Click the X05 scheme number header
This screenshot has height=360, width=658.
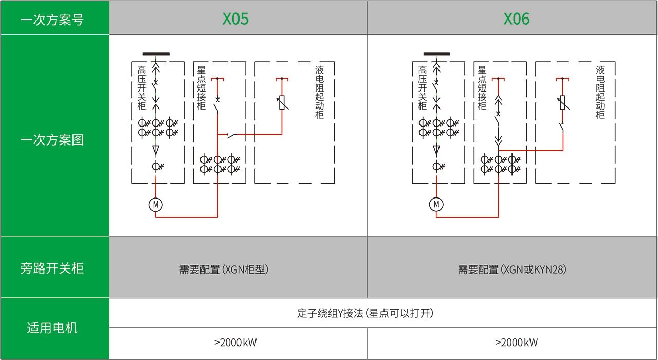point(235,19)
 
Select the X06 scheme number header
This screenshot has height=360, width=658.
point(516,19)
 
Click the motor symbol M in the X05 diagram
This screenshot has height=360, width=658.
point(155,205)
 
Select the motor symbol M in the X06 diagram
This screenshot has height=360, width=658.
point(436,205)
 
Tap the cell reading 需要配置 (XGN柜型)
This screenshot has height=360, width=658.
point(224,269)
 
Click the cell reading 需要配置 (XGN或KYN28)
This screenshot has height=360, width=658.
point(512,269)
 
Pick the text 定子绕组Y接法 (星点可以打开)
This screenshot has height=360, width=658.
point(365,313)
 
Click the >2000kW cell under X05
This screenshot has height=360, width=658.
point(235,343)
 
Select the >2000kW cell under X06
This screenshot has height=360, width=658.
point(516,343)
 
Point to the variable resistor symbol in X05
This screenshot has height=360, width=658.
point(282,102)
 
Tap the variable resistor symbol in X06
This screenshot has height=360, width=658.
point(562,102)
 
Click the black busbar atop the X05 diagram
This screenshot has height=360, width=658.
point(156,53)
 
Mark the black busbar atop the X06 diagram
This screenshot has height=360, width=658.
point(436,53)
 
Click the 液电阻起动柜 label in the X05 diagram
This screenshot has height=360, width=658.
point(320,92)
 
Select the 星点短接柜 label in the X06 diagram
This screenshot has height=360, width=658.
point(482,87)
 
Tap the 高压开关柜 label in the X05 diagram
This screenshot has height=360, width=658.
point(142,87)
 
